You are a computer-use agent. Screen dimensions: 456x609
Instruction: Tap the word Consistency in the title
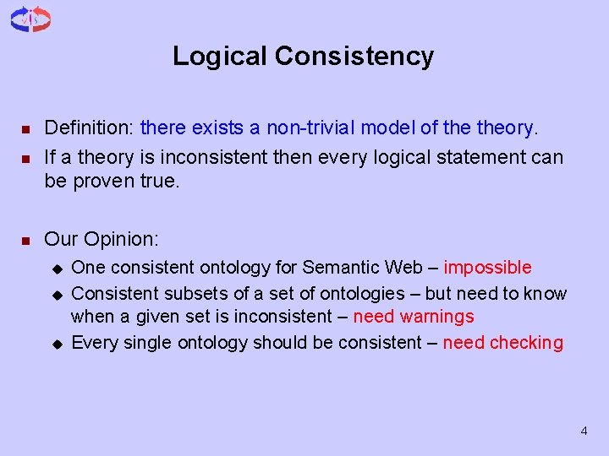click(354, 57)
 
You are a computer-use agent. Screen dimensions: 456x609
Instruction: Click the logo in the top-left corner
click(30, 19)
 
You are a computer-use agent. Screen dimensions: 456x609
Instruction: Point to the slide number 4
click(584, 432)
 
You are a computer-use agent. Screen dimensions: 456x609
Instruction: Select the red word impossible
click(487, 268)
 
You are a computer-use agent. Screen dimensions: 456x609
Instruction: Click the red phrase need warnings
click(414, 317)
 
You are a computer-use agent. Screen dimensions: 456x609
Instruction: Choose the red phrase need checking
click(502, 342)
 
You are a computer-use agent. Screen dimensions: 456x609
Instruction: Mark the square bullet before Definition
click(25, 130)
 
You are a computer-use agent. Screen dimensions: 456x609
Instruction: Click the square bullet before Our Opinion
click(25, 242)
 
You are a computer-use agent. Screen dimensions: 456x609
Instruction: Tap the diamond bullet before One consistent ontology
click(57, 269)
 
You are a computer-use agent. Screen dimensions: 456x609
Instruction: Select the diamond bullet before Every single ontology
click(57, 344)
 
